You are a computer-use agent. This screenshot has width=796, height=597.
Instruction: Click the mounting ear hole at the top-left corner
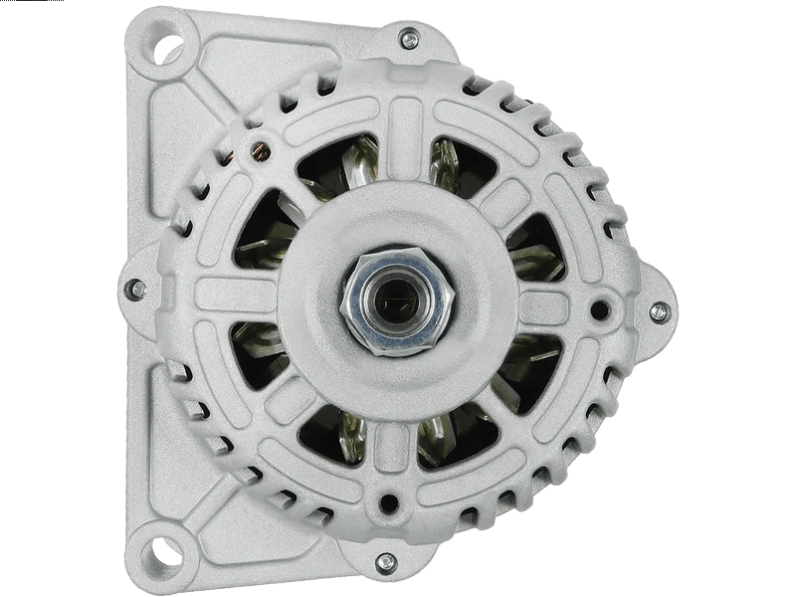166,43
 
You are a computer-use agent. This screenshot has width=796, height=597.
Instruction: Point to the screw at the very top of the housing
409,39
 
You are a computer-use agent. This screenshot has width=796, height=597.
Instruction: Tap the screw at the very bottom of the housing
385,562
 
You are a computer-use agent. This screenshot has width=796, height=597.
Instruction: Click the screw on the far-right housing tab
659,312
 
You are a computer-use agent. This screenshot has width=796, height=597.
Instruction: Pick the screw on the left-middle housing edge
133,290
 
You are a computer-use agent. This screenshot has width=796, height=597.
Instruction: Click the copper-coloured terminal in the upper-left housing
262,150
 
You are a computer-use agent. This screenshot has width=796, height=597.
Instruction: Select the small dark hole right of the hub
599,309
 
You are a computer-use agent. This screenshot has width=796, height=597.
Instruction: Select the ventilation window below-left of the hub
332,434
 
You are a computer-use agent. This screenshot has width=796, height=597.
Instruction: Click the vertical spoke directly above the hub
403,140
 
